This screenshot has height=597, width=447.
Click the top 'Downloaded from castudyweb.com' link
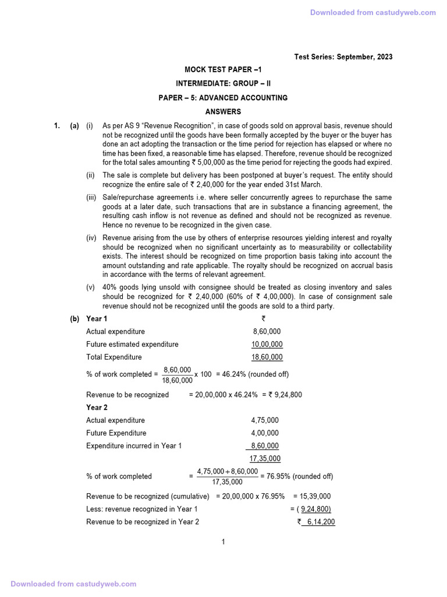coord(372,13)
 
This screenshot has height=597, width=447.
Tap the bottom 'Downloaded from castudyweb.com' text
coord(73,584)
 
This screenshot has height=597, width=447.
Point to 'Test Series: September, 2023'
coord(343,57)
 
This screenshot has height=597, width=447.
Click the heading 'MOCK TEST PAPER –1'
coord(223,70)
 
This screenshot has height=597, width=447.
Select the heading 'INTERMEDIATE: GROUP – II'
coord(223,83)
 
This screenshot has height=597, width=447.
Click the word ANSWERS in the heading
coord(223,111)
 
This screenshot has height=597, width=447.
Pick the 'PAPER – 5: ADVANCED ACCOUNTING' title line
coord(223,97)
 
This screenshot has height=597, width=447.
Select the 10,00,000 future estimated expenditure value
coord(267,345)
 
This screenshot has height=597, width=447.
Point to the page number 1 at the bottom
coord(223,542)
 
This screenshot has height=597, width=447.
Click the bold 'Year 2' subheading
coord(97,408)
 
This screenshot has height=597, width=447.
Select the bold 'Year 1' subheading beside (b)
coord(97,319)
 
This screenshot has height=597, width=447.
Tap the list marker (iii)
coord(91,198)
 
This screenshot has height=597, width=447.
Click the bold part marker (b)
coord(74,319)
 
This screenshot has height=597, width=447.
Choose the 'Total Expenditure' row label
coord(114,357)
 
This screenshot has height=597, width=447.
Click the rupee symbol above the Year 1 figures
coord(264,319)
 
